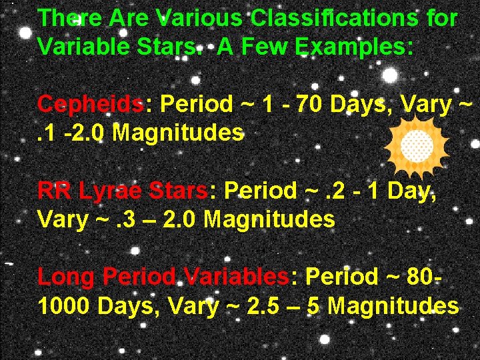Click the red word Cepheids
91,105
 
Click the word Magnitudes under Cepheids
177,133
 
